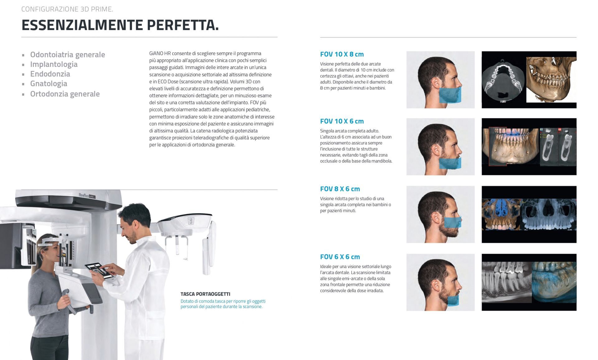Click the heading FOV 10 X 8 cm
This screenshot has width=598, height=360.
click(342, 54)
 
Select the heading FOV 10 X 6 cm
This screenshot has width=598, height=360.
click(342, 121)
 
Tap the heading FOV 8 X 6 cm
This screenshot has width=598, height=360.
click(340, 189)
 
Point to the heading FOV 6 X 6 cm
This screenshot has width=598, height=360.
click(340, 257)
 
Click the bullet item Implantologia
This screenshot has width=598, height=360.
click(54, 64)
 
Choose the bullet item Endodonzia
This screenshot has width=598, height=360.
click(50, 74)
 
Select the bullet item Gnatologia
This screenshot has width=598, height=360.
click(49, 83)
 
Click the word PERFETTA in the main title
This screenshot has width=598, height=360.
click(183, 25)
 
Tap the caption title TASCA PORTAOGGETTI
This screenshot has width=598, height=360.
click(205, 294)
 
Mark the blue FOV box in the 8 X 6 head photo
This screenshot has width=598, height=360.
click(452, 222)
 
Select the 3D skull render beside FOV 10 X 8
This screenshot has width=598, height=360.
click(551, 79)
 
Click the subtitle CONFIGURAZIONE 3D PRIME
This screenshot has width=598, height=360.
click(67, 9)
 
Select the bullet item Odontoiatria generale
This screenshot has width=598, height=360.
click(68, 54)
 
